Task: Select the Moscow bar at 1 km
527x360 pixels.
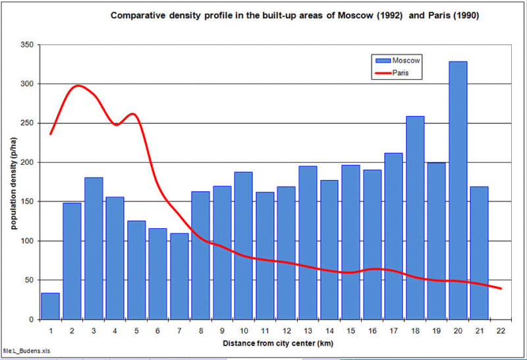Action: point(50,306)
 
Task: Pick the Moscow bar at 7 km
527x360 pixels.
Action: point(179,276)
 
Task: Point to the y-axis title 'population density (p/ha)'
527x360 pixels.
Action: point(13,181)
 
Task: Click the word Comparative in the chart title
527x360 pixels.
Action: point(139,14)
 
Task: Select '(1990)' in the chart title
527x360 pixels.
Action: point(464,14)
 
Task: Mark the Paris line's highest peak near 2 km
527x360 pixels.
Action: point(78,86)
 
